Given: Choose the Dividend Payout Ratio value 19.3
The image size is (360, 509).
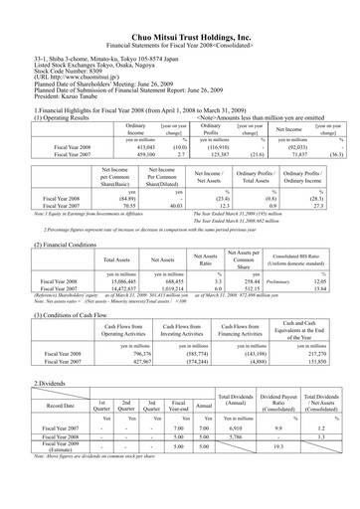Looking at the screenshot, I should pos(292,446).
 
